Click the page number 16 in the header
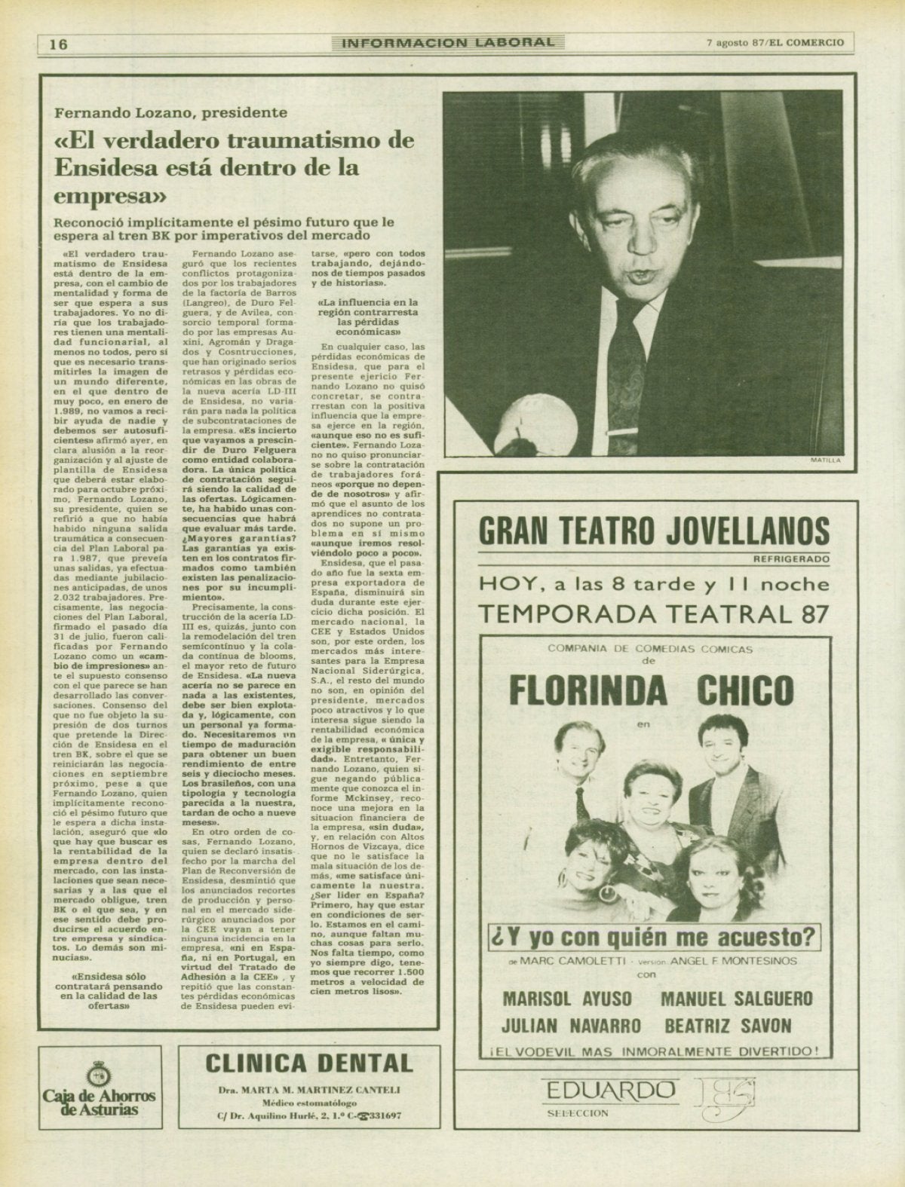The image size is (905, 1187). pos(58,43)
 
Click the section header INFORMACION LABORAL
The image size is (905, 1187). pos(448,43)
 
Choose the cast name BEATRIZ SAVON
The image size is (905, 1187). pos(729,1025)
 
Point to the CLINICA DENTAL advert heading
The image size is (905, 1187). pos(309,1063)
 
